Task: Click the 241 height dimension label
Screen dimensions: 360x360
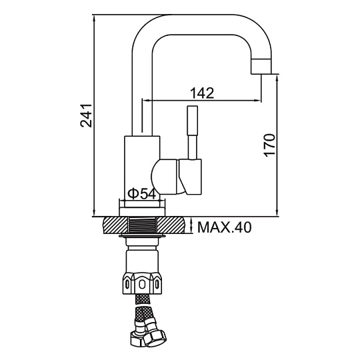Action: click(x=86, y=115)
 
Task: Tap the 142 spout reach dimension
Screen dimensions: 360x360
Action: click(x=202, y=93)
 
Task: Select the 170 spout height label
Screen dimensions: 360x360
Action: click(x=269, y=145)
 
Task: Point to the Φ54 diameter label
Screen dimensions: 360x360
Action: click(x=142, y=193)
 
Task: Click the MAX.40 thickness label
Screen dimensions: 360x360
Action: click(x=224, y=227)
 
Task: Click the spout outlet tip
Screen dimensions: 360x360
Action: click(x=261, y=67)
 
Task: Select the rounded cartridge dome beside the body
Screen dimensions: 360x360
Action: click(x=165, y=177)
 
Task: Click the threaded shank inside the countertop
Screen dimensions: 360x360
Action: click(x=143, y=225)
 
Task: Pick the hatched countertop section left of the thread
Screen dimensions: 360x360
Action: click(x=115, y=225)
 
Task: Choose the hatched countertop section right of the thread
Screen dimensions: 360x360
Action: click(x=171, y=225)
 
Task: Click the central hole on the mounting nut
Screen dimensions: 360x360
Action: click(x=142, y=285)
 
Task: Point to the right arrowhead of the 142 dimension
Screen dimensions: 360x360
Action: click(x=257, y=100)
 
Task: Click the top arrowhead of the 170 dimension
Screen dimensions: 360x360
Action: click(x=277, y=78)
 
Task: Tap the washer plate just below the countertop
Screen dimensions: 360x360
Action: click(x=142, y=236)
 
